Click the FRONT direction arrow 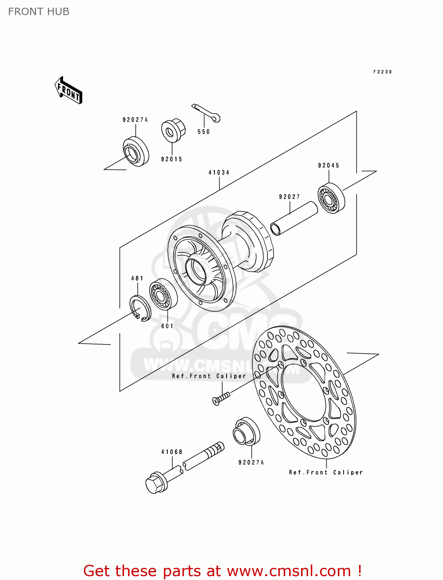click(68, 90)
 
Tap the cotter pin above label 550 click(206, 112)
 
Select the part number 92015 click(172, 159)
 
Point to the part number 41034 click(219, 172)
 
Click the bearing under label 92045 click(331, 198)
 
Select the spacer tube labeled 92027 click(294, 219)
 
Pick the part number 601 click(167, 326)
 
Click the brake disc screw click(221, 398)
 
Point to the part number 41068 click(172, 452)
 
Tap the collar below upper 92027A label click(136, 152)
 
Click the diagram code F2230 click(383, 72)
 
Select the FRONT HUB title click(39, 12)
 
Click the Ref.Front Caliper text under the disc click(326, 472)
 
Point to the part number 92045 click(329, 165)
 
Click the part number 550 click(204, 131)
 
